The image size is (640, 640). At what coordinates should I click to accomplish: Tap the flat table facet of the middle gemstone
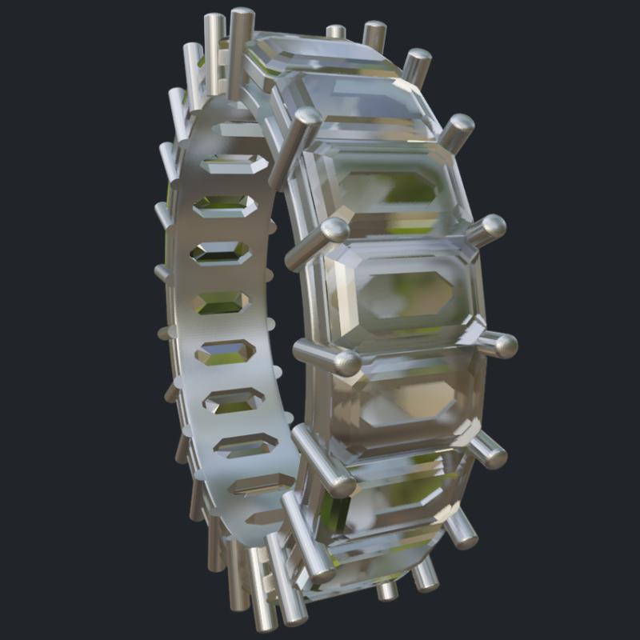click(x=404, y=288)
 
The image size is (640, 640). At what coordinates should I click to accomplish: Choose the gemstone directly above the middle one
click(x=384, y=188)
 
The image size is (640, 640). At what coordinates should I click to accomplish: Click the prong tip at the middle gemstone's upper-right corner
click(x=489, y=230)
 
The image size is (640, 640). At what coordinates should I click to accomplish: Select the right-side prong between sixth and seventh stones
click(x=462, y=532)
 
